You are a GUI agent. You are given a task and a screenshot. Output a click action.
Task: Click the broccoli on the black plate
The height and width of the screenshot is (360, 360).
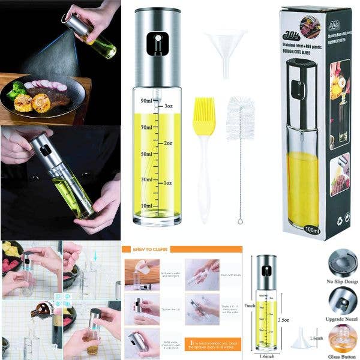pyautogui.click(x=16, y=91)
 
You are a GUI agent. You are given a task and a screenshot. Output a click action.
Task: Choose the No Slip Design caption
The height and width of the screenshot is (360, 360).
pyautogui.click(x=343, y=280)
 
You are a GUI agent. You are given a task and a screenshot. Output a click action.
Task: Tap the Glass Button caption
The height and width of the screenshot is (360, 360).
pyautogui.click(x=343, y=355)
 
